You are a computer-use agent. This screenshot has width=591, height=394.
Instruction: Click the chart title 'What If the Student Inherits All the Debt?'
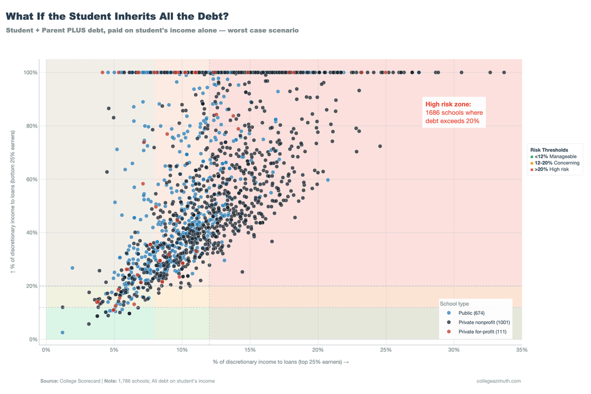click(x=117, y=16)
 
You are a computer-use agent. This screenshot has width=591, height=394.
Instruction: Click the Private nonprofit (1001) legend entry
click(x=484, y=322)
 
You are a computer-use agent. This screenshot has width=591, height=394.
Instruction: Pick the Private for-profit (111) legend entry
click(x=482, y=332)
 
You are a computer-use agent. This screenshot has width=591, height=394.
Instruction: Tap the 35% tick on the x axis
click(x=522, y=350)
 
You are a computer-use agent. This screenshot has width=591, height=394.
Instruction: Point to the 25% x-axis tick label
click(x=386, y=350)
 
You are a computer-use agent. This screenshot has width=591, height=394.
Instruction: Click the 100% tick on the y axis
click(x=30, y=73)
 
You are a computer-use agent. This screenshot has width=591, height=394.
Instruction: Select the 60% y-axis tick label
click(x=31, y=179)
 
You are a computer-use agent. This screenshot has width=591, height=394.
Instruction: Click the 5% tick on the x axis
click(x=114, y=350)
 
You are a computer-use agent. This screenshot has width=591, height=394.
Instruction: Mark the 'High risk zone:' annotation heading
click(x=448, y=104)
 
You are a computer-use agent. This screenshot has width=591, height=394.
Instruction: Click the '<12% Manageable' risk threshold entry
click(x=555, y=157)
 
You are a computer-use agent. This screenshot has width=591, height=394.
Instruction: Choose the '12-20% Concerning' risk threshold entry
click(x=557, y=163)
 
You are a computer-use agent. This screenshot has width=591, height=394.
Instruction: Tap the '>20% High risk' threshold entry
click(x=552, y=170)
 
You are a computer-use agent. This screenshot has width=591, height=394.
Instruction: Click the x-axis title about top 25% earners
click(x=281, y=362)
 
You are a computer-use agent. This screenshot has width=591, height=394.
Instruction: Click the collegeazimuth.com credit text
click(x=499, y=381)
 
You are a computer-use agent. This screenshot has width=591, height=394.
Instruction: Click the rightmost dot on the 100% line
click(x=504, y=72)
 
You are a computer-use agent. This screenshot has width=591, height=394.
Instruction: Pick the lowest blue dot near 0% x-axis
click(x=62, y=333)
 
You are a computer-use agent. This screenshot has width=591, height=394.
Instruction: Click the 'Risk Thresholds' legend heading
click(x=549, y=150)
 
